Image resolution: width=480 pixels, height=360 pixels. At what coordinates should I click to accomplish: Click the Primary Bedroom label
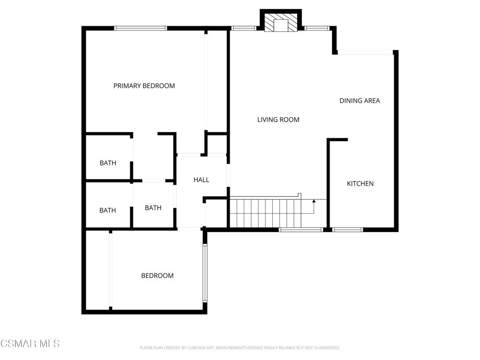(x=144, y=86)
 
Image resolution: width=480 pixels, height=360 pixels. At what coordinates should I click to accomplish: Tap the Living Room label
(x=278, y=120)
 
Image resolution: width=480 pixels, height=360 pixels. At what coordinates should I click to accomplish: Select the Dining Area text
(x=360, y=101)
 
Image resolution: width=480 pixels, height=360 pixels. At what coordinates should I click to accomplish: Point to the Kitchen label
(x=360, y=184)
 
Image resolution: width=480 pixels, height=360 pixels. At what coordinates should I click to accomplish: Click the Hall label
(x=202, y=180)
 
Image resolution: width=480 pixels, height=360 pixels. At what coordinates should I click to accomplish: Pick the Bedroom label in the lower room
(x=157, y=276)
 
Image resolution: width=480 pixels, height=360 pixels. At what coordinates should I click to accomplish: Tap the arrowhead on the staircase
(x=314, y=201)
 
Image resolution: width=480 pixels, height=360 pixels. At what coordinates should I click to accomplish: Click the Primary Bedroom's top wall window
(x=141, y=28)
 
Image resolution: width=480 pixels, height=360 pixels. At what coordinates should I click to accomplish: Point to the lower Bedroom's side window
(x=205, y=273)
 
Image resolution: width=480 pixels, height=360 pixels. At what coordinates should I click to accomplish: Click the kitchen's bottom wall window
(x=347, y=230)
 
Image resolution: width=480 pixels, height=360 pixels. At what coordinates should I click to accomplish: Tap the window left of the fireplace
(x=244, y=29)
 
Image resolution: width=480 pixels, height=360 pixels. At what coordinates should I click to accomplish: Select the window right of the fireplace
(x=317, y=29)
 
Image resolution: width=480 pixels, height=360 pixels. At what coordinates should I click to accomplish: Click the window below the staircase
(x=301, y=230)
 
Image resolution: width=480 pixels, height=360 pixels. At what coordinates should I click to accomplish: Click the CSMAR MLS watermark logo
(x=30, y=344)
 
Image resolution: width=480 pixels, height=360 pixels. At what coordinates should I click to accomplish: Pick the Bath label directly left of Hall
(x=153, y=208)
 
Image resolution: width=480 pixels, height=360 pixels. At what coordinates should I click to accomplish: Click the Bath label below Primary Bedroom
(x=108, y=163)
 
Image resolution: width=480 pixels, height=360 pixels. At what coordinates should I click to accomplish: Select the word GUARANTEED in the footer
(x=329, y=348)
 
